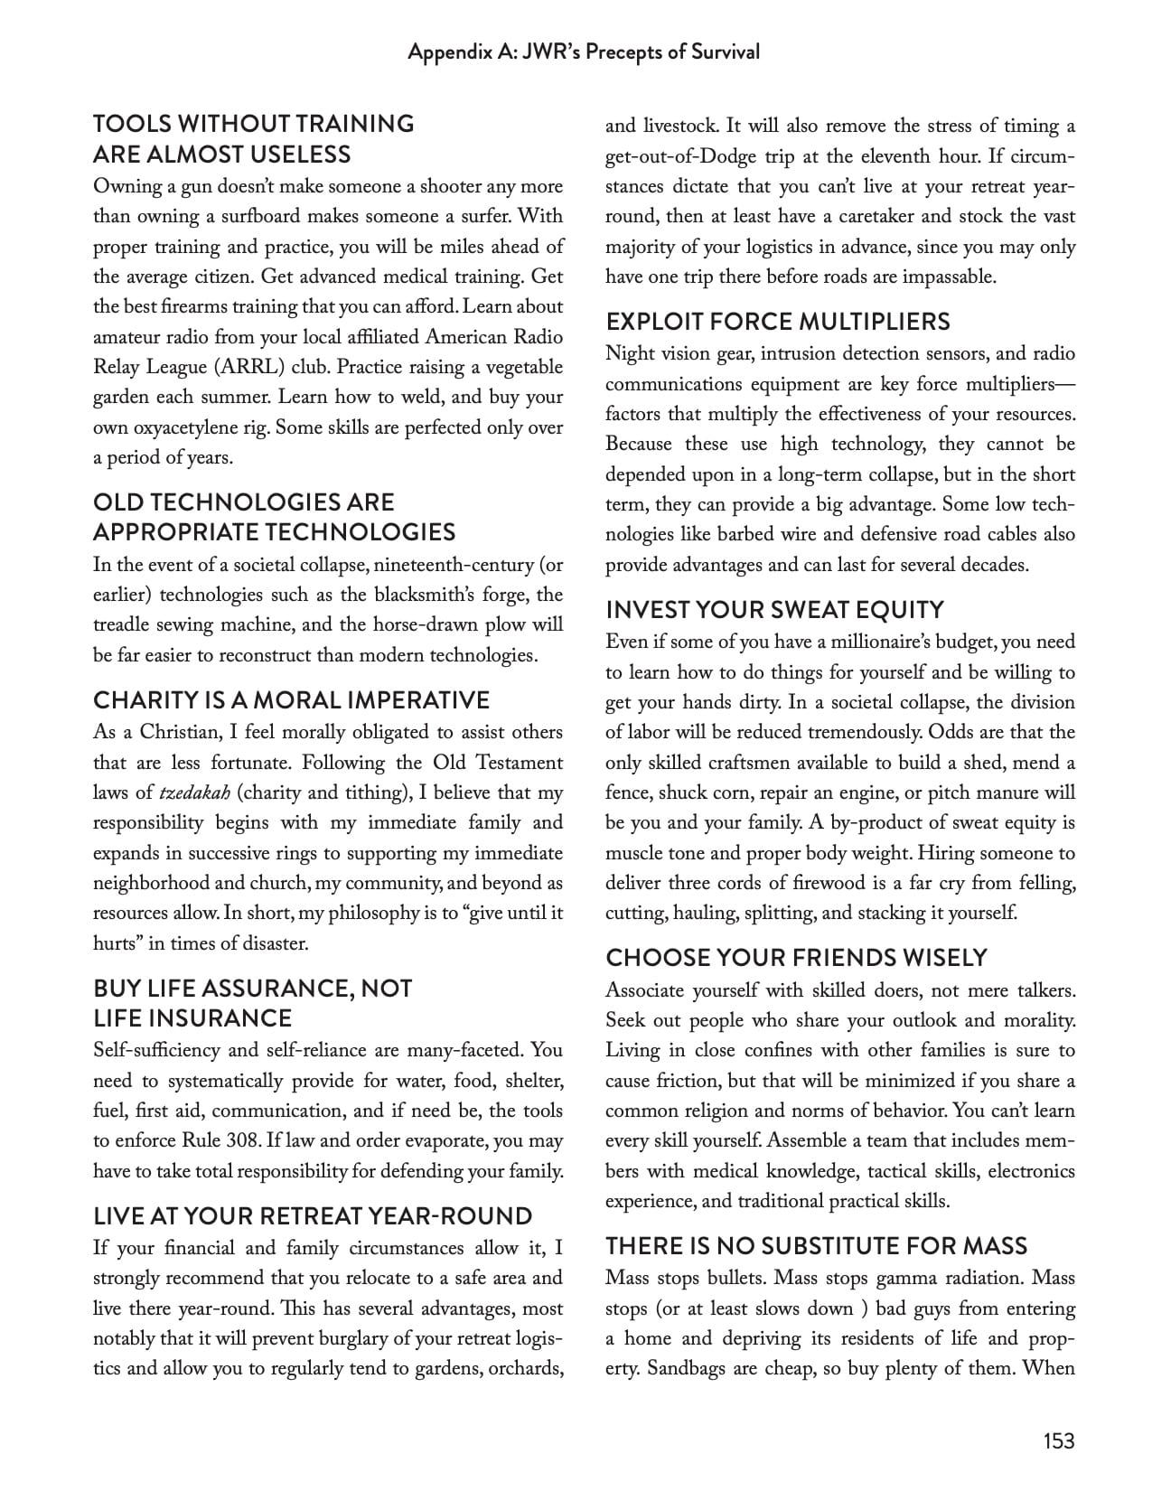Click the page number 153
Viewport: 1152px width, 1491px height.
click(1058, 1439)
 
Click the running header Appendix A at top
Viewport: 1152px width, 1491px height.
click(583, 52)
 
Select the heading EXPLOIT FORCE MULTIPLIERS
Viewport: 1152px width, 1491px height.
click(778, 322)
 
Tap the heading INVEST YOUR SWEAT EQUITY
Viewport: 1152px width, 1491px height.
click(774, 610)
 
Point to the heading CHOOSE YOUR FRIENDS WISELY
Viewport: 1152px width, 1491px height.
click(796, 958)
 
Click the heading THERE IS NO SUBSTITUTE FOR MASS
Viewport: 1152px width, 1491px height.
click(816, 1246)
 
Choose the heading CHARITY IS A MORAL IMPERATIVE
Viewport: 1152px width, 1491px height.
click(291, 700)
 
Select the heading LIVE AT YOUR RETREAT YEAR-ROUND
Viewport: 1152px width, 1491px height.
click(313, 1216)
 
